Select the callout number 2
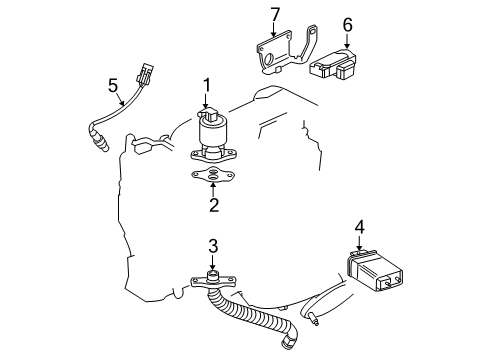point(212,206)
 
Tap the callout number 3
point(213,247)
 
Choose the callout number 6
point(347,25)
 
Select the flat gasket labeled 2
point(212,176)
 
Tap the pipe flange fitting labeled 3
point(211,281)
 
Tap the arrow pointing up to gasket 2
point(212,190)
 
